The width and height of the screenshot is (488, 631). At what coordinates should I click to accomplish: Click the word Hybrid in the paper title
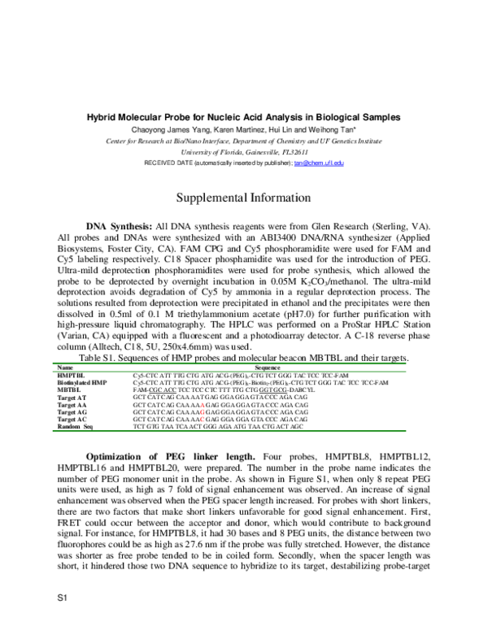102,117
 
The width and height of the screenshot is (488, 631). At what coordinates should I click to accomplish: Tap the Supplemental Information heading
243,198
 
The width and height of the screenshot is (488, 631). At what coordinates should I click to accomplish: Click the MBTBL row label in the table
69,389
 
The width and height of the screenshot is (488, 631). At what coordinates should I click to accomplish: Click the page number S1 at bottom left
61,598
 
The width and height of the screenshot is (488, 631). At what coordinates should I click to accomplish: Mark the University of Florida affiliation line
243,151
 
